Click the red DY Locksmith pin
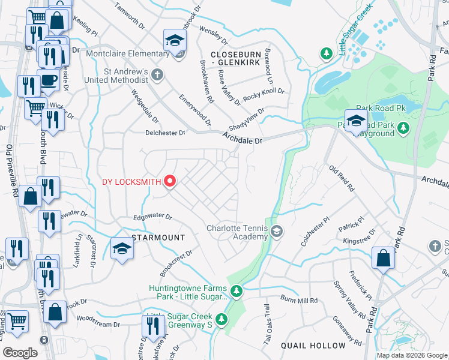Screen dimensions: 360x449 pos(170,181)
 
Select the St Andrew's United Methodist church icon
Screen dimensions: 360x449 pos(157,75)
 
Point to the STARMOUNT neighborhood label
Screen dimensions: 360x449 pos(158,238)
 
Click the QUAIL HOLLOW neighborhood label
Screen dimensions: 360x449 pos(313,346)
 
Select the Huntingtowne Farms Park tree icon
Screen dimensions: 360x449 pos(237,291)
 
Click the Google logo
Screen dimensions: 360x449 pos(20,352)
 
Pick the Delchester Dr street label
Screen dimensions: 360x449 pos(166,133)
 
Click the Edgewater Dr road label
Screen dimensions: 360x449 pos(152,217)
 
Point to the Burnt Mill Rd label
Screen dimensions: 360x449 pos(298,298)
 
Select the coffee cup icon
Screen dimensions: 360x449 pos(47,80)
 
